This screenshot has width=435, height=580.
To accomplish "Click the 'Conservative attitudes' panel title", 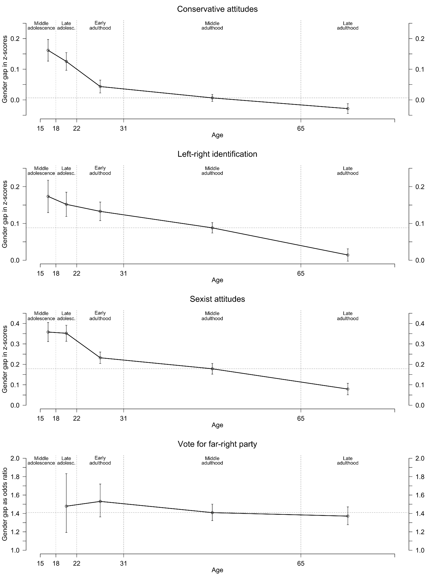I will pos(217,9).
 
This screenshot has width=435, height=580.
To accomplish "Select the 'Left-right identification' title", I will pos(217,154).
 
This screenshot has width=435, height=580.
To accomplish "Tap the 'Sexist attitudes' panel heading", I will pos(217,299).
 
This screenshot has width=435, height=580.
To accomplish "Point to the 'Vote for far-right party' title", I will pos(217,444).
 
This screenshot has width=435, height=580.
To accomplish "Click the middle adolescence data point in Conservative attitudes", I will pos(48,50).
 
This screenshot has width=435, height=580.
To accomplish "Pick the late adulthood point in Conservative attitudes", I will pos(348,108).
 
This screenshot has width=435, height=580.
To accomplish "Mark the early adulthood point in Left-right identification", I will pos(100,211).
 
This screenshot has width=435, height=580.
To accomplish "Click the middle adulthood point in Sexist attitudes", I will pos(212,369).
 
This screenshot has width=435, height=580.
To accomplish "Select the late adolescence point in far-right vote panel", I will pos(66,506).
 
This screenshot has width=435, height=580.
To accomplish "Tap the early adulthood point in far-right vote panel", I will pos(100,501).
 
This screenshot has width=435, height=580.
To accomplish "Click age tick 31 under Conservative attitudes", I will pos(124,128).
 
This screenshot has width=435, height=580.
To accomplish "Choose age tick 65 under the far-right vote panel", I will pos(301,563).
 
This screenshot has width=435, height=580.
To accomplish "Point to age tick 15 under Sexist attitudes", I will pos(41,418).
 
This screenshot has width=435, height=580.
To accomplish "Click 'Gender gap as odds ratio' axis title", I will pos(5,504).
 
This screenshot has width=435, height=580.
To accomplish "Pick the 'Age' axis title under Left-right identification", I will pos(217,280).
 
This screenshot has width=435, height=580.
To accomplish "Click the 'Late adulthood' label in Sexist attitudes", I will pos(348,316).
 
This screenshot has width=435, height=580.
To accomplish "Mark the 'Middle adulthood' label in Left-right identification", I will pos(212,171).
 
